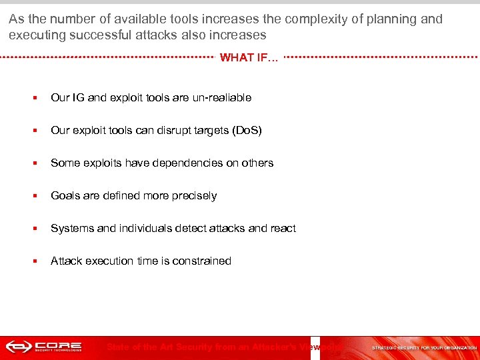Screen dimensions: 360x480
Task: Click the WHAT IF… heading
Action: click(x=249, y=57)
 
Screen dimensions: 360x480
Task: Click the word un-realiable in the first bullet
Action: click(x=221, y=97)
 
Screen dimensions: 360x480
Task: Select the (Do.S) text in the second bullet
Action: click(x=246, y=130)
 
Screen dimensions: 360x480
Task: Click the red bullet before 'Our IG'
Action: click(x=33, y=98)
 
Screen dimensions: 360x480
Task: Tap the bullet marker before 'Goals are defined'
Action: click(x=33, y=196)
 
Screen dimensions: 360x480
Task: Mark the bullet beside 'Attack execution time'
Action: click(x=33, y=261)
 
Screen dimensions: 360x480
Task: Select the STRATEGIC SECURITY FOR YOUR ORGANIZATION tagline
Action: click(x=424, y=347)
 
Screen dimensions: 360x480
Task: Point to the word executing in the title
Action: click(x=35, y=35)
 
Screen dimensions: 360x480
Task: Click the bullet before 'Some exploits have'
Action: click(x=33, y=163)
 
